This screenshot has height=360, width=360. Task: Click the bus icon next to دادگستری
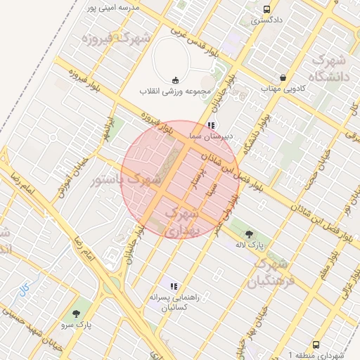pos(266,9)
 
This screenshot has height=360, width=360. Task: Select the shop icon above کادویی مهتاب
pos(283,77)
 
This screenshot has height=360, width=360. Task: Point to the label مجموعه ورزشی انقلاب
pos(169,91)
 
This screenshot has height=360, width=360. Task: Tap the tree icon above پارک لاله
pos(247,233)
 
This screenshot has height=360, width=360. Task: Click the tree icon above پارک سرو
pos(77,312)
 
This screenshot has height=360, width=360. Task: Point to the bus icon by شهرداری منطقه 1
pos(316,345)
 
